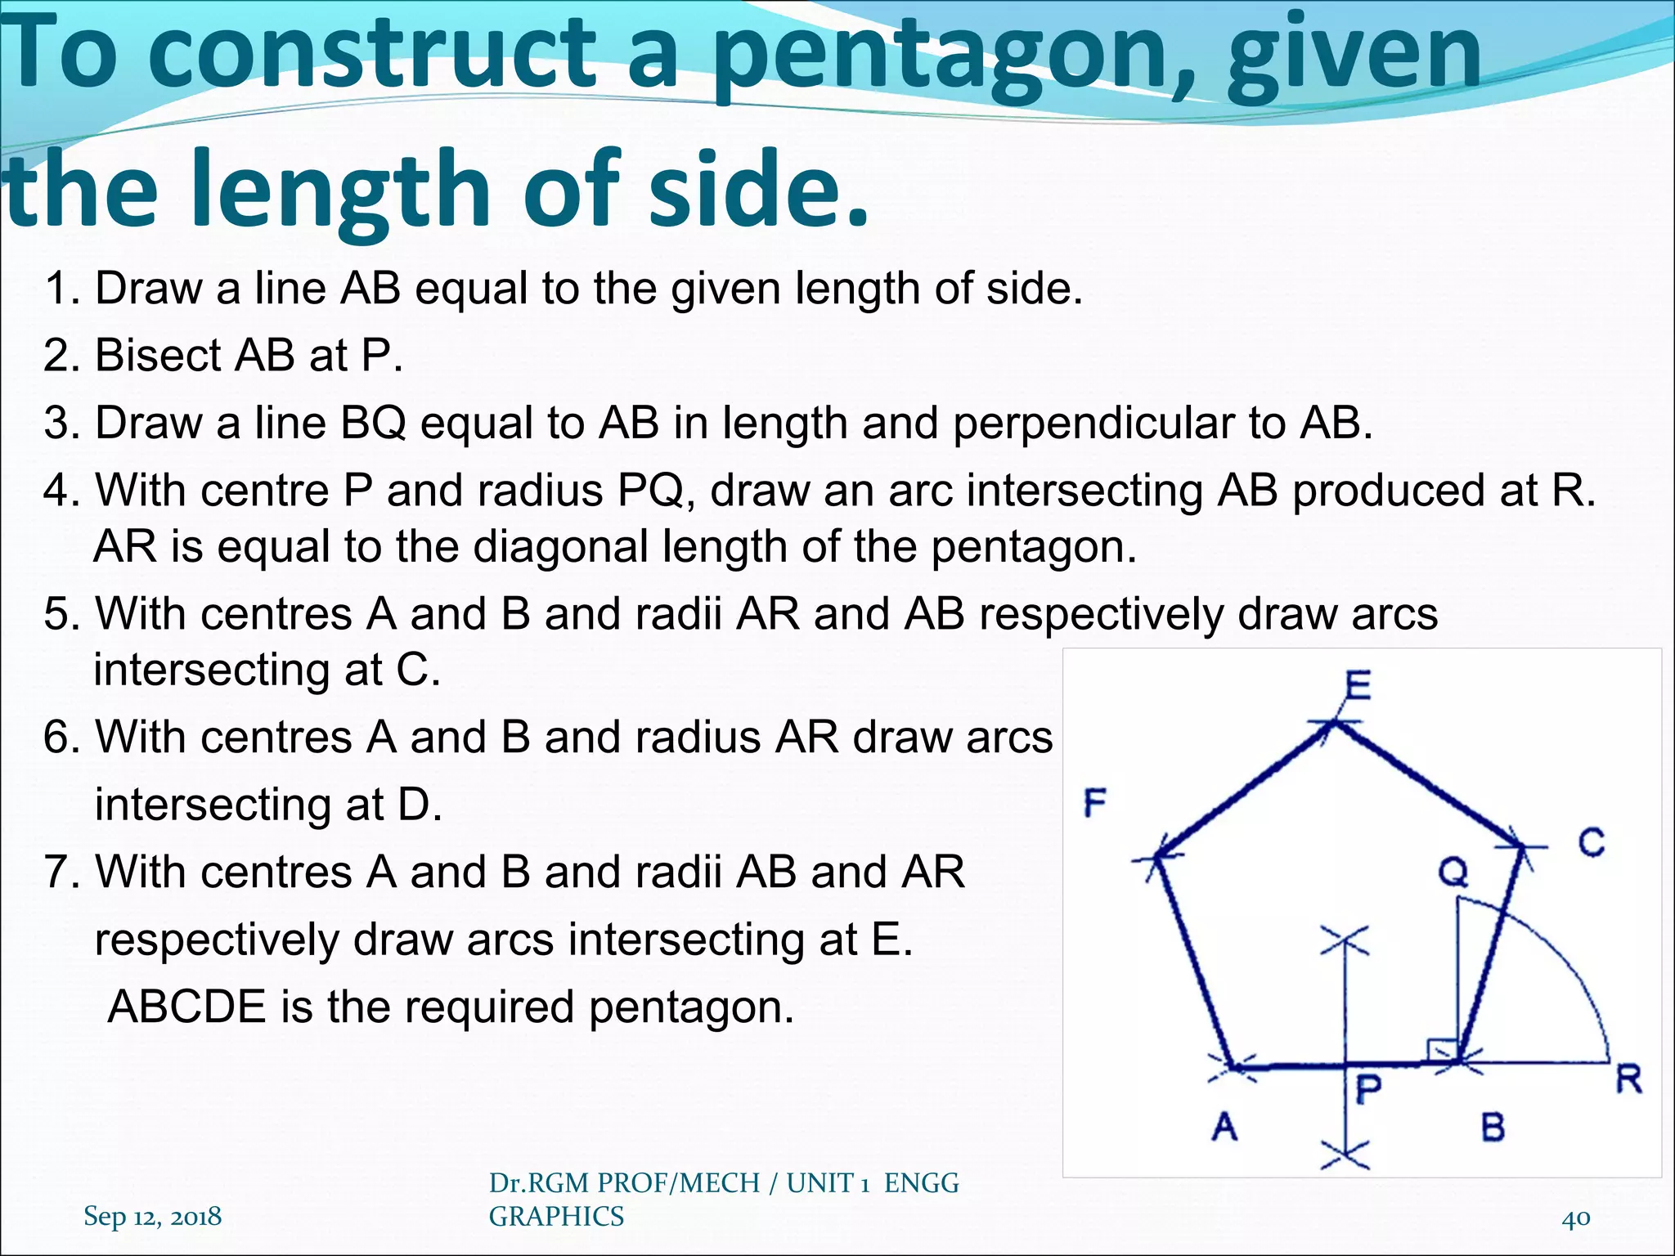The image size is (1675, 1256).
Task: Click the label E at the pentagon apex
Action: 1358,685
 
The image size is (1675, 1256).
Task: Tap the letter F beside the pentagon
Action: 1094,803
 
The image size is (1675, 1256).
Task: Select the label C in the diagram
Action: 1592,842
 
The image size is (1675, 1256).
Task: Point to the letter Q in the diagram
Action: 1453,872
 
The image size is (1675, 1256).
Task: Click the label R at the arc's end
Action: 1628,1080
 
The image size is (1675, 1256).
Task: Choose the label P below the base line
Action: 1368,1090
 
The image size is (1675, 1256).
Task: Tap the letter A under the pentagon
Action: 1224,1128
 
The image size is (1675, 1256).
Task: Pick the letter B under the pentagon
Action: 1493,1128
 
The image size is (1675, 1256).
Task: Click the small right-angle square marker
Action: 1441,1052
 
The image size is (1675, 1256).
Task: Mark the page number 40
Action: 1575,1218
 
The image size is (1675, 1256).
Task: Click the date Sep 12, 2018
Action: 152,1216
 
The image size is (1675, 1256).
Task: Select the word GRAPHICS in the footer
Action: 556,1217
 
